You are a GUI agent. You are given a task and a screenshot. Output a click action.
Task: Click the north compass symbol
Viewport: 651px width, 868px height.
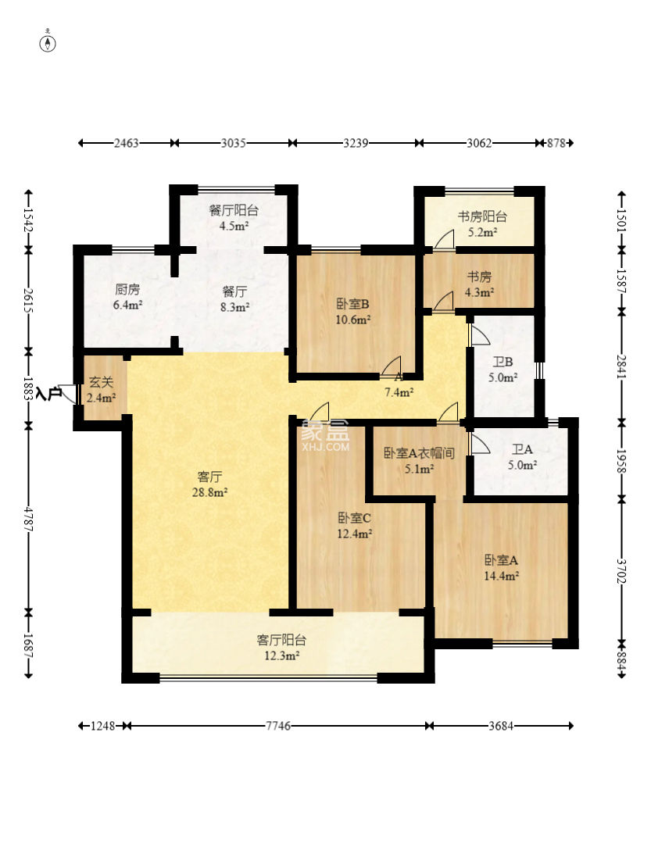pyautogui.click(x=48, y=41)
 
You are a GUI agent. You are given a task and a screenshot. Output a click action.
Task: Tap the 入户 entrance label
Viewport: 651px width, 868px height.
pyautogui.click(x=48, y=394)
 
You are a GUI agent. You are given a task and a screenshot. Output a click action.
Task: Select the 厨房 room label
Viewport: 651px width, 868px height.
pyautogui.click(x=127, y=290)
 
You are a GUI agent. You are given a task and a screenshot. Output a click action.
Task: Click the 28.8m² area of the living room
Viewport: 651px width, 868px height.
pyautogui.click(x=209, y=492)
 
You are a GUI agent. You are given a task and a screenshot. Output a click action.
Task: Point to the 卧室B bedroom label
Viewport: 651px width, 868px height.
pyautogui.click(x=353, y=304)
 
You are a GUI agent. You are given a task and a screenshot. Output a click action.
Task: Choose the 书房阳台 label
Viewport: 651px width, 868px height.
pyautogui.click(x=482, y=216)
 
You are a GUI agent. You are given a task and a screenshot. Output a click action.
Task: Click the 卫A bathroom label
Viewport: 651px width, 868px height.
pyautogui.click(x=522, y=449)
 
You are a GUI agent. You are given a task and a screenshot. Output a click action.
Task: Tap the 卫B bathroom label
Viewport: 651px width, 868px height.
pyautogui.click(x=503, y=362)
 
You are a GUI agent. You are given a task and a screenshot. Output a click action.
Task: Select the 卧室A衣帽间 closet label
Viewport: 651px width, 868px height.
pyautogui.click(x=419, y=453)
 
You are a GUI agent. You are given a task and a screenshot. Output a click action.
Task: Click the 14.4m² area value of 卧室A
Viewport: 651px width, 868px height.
pyautogui.click(x=501, y=576)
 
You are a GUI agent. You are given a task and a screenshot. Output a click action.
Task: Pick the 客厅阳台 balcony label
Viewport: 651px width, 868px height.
pyautogui.click(x=281, y=640)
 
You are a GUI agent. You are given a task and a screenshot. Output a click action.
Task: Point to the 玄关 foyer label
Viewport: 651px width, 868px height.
pyautogui.click(x=102, y=382)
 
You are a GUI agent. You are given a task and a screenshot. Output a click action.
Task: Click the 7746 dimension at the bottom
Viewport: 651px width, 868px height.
pyautogui.click(x=278, y=726)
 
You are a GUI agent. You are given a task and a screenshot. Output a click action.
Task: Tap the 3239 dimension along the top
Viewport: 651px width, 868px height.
pyautogui.click(x=356, y=143)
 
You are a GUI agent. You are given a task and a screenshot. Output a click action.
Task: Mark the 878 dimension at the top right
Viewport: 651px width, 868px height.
pyautogui.click(x=556, y=143)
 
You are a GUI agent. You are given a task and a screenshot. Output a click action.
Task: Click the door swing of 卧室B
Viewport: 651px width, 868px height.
pyautogui.click(x=391, y=366)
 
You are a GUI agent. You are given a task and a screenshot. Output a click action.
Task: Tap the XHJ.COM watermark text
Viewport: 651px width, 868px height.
pyautogui.click(x=326, y=446)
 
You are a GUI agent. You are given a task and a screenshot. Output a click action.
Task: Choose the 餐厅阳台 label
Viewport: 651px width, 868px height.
pyautogui.click(x=234, y=210)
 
